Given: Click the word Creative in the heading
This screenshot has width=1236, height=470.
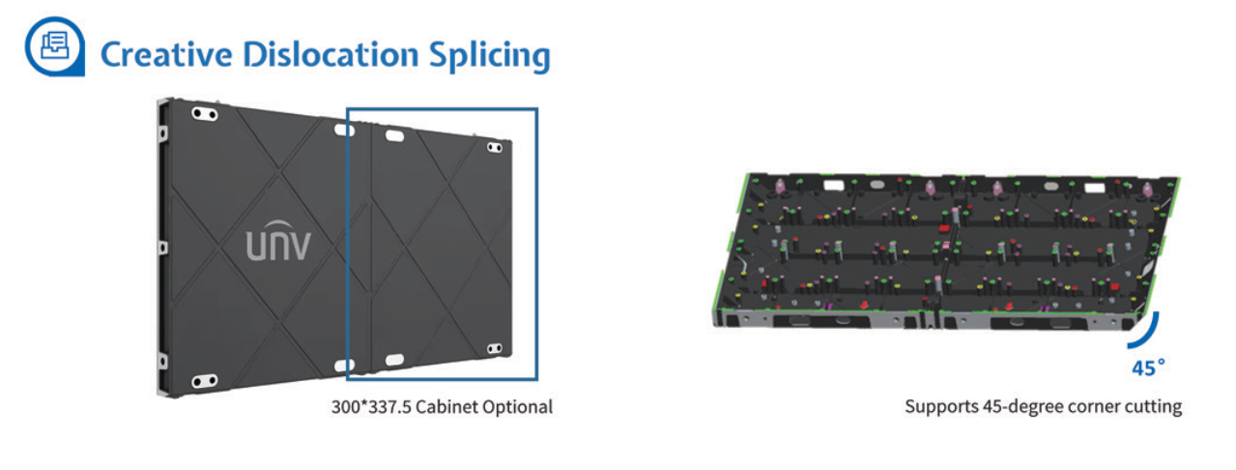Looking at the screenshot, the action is pyautogui.click(x=166, y=55).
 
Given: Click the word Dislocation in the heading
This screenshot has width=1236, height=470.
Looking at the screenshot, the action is pyautogui.click(x=331, y=55).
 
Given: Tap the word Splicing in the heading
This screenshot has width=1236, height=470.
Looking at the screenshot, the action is pyautogui.click(x=490, y=56).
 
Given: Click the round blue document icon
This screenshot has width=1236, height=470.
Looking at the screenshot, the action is pyautogui.click(x=55, y=46).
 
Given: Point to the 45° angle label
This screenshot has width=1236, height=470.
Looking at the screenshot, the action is pyautogui.click(x=1148, y=367).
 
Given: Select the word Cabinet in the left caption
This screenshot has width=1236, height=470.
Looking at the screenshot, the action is pyautogui.click(x=446, y=407).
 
